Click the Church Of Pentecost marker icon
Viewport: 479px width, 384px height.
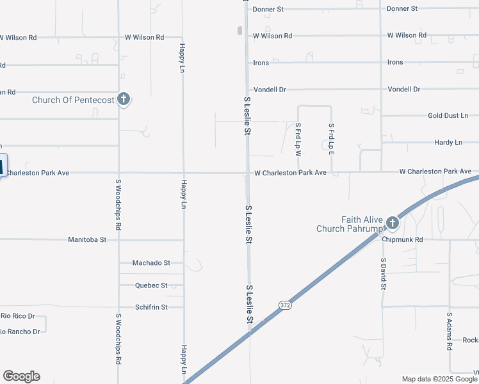tap(124, 99)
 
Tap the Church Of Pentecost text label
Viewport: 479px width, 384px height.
tap(74, 100)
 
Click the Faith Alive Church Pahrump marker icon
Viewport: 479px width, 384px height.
tap(392, 223)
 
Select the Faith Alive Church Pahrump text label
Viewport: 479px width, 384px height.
tap(349, 224)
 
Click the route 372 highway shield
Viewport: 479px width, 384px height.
tap(286, 306)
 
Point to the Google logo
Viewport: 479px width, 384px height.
tap(21, 376)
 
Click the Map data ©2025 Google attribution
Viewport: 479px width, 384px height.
tap(439, 379)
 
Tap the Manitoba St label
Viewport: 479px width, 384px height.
tap(87, 240)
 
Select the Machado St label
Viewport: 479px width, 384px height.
tap(151, 263)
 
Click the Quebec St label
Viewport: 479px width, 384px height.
tap(151, 285)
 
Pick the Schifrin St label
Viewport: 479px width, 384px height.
tap(151, 307)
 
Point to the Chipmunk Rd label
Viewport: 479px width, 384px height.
tap(403, 240)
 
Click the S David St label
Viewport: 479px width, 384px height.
tap(383, 274)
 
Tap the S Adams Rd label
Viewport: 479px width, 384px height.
tap(450, 331)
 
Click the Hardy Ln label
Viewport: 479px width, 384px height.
tap(448, 143)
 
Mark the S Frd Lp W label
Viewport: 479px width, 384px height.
tap(298, 140)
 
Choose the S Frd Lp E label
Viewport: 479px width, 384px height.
tap(331, 140)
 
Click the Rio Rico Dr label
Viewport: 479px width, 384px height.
tap(17, 316)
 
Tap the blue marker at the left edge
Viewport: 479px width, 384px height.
tap(2, 166)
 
